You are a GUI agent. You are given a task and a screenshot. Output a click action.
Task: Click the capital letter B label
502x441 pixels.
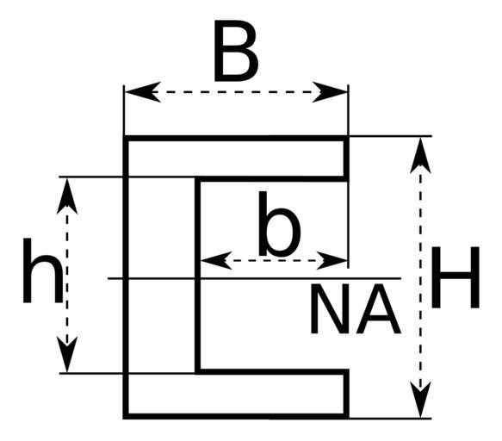pyautogui.click(x=236, y=51)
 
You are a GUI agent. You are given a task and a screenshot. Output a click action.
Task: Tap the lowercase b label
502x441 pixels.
pyautogui.click(x=279, y=224)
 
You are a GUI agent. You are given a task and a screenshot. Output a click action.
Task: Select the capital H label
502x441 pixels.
pyautogui.click(x=456, y=277)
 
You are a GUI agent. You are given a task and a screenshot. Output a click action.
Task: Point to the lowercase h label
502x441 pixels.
pyautogui.click(x=42, y=270)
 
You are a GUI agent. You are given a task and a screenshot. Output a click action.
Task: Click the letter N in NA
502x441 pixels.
pyautogui.click(x=329, y=308)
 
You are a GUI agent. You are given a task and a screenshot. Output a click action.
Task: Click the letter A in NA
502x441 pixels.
pyautogui.click(x=378, y=308)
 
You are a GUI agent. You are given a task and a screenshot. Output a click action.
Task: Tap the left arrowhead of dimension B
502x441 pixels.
pyautogui.click(x=143, y=92)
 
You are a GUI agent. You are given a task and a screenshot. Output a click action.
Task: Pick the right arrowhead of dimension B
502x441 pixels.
pyautogui.click(x=330, y=92)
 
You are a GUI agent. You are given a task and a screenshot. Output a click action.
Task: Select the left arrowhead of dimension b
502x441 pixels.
pyautogui.click(x=216, y=260)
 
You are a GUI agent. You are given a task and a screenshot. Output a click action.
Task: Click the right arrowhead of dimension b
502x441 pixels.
pyautogui.click(x=332, y=260)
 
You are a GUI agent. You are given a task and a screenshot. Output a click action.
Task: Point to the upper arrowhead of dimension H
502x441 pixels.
pyautogui.click(x=420, y=155)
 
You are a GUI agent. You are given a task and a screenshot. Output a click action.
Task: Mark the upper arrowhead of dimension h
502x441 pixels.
pyautogui.click(x=67, y=196)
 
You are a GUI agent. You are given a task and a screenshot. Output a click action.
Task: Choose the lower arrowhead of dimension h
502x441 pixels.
pyautogui.click(x=67, y=354)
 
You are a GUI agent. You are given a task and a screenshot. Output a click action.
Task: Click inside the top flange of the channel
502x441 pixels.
pyautogui.click(x=236, y=158)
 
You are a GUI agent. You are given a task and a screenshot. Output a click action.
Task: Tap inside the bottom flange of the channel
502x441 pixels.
pyautogui.click(x=236, y=394)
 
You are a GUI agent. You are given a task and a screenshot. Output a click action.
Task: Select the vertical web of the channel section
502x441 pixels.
pyautogui.click(x=162, y=277)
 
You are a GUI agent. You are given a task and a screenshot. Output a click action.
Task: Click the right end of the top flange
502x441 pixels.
pyautogui.click(x=346, y=158)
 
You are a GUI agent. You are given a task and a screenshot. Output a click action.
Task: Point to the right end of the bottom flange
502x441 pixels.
pyautogui.click(x=346, y=394)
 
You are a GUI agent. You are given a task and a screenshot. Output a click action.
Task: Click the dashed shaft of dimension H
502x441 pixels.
pyautogui.click(x=420, y=277)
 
